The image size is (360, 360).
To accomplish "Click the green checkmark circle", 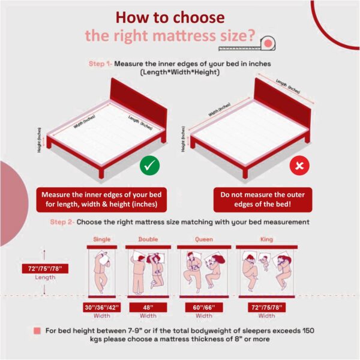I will [x=149, y=166].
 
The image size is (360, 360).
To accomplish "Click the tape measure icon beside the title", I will [x=266, y=43].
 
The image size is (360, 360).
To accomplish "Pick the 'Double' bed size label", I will [x=148, y=239].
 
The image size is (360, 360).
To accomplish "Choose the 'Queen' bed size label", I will [x=203, y=239].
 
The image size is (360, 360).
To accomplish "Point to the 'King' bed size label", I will [x=266, y=239].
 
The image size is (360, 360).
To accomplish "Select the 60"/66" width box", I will [x=203, y=308].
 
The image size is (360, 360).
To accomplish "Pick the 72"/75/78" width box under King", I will [x=266, y=308].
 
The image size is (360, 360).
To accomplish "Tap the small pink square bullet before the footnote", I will [x=37, y=331].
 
